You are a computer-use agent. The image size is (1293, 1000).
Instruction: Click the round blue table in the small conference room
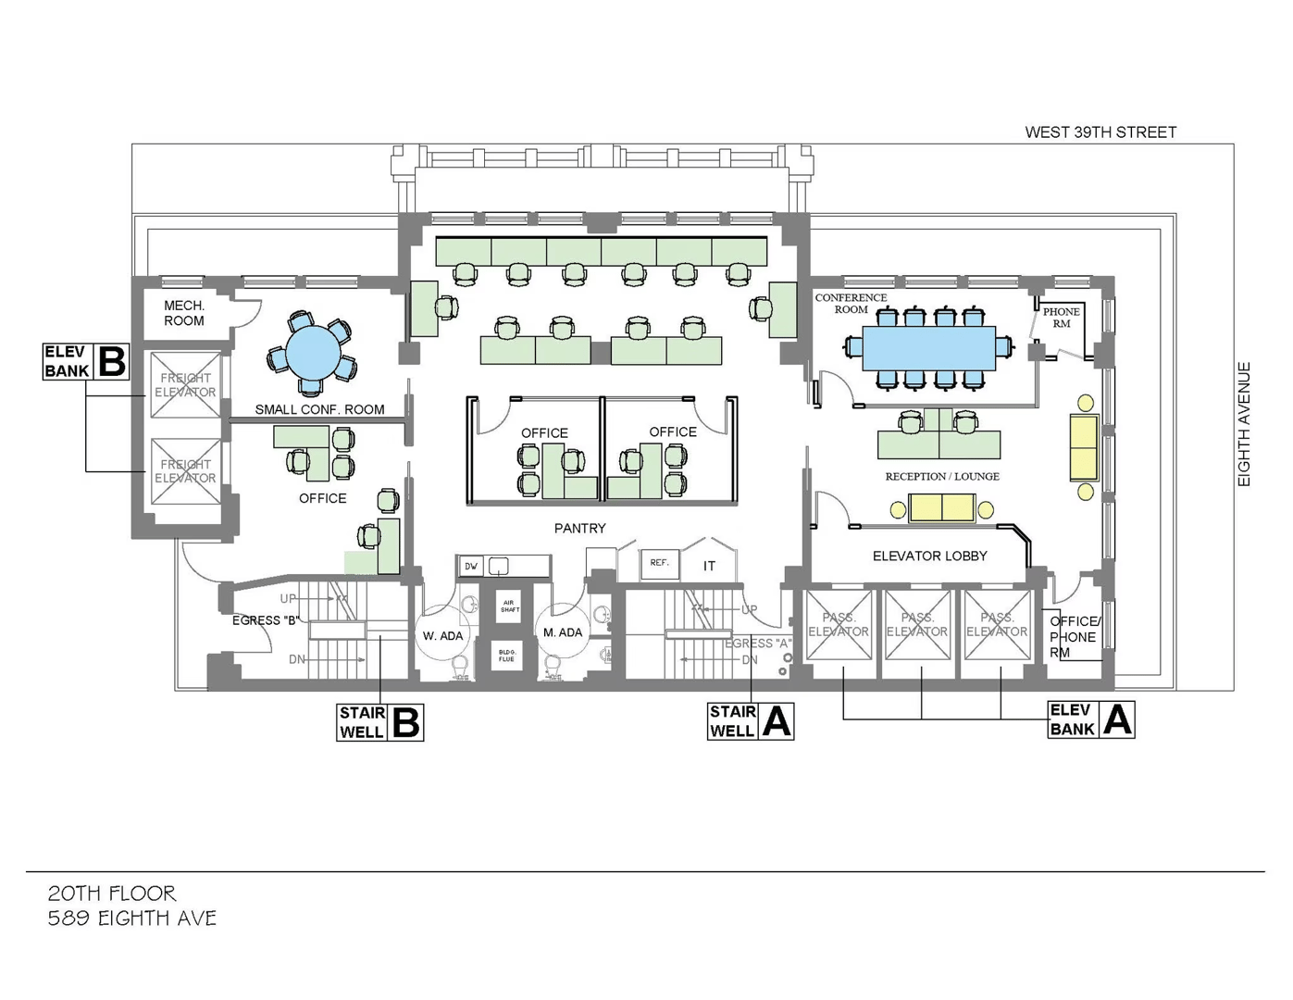313,353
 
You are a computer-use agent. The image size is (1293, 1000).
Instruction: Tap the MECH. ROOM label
184,313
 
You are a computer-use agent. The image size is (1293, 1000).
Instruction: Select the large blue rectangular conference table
929,348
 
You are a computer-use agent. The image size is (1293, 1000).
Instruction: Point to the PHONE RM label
1061,318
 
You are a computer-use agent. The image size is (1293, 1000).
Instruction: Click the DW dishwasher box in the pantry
471,566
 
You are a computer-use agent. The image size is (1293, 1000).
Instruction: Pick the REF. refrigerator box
659,564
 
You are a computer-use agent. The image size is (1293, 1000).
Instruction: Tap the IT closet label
709,566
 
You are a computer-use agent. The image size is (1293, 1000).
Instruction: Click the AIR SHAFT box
509,606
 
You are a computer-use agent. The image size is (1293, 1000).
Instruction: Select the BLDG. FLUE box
506,656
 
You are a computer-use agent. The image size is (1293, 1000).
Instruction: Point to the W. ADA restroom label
442,636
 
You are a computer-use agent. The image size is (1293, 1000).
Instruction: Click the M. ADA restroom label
563,632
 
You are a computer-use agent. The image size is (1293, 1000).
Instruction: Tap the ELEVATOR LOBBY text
929,556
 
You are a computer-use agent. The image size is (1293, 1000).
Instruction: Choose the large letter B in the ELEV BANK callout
113,361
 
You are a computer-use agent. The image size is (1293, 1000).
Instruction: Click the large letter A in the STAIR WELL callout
777,721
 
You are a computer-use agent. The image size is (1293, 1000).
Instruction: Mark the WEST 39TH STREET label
1100,132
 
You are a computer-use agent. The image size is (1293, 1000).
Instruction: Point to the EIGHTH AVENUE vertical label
1244,424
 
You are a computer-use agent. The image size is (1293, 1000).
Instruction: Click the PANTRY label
580,528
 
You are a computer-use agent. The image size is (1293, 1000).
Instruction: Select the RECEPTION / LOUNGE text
942,476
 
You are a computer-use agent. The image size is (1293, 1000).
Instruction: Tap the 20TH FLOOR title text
112,894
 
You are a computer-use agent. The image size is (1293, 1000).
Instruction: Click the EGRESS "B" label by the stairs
266,620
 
